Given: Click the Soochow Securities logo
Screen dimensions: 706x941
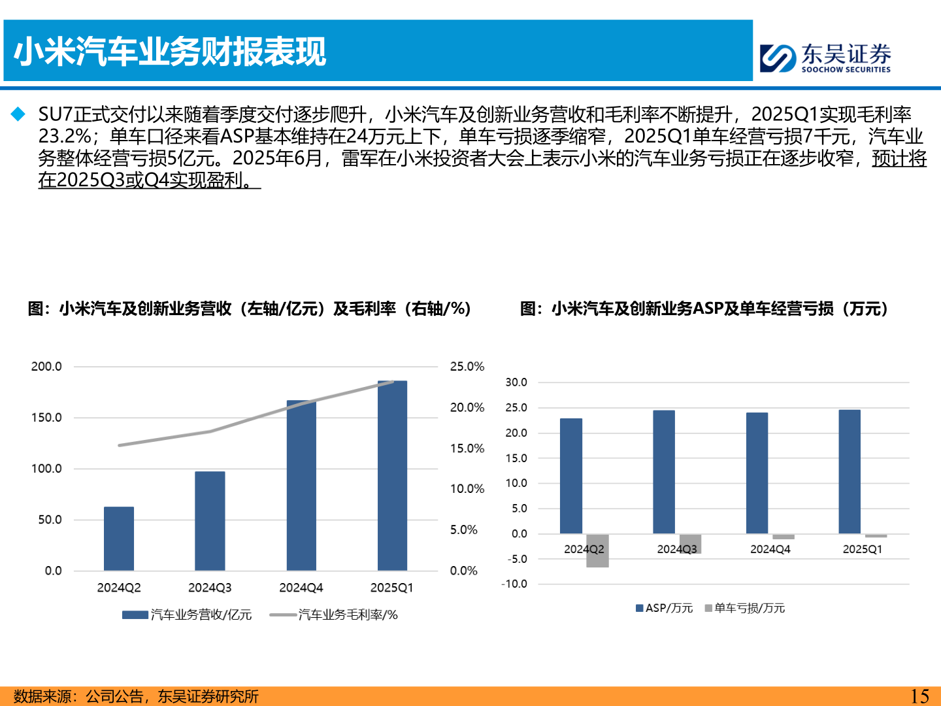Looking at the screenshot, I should pyautogui.click(x=825, y=58).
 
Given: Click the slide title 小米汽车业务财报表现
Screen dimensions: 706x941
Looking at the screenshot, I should pyautogui.click(x=170, y=52).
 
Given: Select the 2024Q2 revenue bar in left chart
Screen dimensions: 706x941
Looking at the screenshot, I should pyautogui.click(x=119, y=539).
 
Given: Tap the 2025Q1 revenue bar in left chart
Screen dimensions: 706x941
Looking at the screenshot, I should pyautogui.click(x=392, y=475).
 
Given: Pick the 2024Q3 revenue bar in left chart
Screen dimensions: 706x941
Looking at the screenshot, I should pyautogui.click(x=210, y=521).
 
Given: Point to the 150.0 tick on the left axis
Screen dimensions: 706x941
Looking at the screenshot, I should pyautogui.click(x=46, y=418).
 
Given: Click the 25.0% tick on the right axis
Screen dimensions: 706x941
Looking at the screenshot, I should pyautogui.click(x=467, y=367).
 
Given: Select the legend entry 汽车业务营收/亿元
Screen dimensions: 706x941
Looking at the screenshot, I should pyautogui.click(x=187, y=614).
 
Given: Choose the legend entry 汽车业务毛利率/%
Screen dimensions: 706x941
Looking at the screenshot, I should pyautogui.click(x=334, y=614).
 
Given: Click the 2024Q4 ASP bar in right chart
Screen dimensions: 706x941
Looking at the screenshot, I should pyautogui.click(x=757, y=473).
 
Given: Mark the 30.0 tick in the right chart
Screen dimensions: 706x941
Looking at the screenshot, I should pyautogui.click(x=516, y=382).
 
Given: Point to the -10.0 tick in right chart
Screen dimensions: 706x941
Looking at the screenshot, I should pyautogui.click(x=514, y=584).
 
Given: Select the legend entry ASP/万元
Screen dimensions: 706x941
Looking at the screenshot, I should pyautogui.click(x=664, y=608).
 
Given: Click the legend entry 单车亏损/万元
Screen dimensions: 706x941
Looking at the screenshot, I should pyautogui.click(x=745, y=608).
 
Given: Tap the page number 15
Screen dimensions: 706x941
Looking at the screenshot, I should pyautogui.click(x=919, y=696).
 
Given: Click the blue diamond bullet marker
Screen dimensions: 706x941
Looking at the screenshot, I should pyautogui.click(x=18, y=114).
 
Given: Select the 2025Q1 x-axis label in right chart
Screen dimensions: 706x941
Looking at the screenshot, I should pyautogui.click(x=862, y=549).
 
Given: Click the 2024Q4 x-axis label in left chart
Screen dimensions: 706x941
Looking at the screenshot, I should pyautogui.click(x=301, y=588).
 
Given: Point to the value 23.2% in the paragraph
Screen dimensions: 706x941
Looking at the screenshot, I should pyautogui.click(x=64, y=136).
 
